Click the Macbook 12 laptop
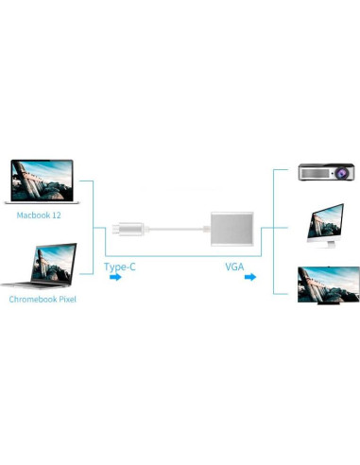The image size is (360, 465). click(x=41, y=181)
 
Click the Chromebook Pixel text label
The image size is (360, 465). click(x=43, y=299)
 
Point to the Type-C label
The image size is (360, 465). click(x=120, y=267)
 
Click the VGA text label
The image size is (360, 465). click(x=234, y=267)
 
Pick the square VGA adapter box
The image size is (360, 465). click(x=231, y=229)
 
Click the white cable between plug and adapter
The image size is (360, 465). click(x=175, y=229)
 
